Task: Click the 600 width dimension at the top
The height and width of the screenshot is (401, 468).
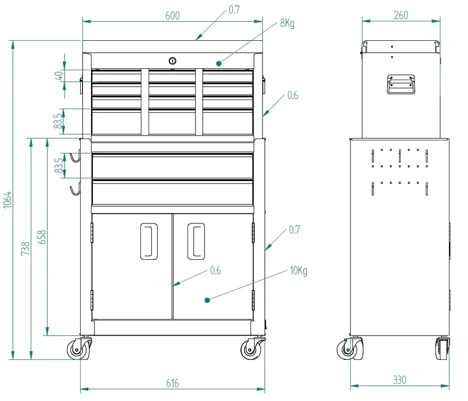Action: click(172, 16)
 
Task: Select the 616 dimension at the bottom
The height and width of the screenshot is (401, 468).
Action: click(172, 383)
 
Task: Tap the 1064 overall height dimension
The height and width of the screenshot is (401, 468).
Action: click(7, 200)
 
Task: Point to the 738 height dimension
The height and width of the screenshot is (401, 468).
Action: click(26, 249)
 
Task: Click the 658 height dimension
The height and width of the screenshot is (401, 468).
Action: click(42, 237)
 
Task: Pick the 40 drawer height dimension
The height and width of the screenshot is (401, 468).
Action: click(59, 75)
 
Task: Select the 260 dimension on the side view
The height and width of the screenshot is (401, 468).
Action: click(400, 15)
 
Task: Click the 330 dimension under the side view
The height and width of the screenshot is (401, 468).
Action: click(400, 380)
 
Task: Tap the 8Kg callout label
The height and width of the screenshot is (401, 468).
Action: click(287, 23)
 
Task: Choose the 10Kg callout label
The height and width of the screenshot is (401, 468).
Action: click(299, 271)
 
